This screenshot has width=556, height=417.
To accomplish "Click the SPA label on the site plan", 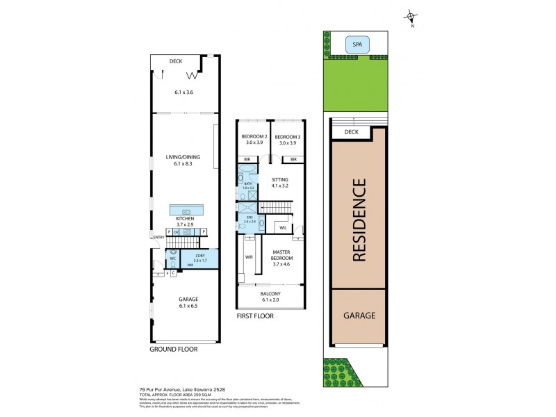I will (x=357, y=45).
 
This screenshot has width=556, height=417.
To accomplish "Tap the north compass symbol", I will (x=411, y=17).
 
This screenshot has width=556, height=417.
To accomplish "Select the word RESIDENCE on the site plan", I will (x=359, y=220).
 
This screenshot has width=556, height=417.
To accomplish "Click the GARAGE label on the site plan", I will (x=359, y=315).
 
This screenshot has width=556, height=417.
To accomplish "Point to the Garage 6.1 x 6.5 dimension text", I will (x=184, y=306).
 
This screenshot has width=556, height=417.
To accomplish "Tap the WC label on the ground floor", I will (x=172, y=259).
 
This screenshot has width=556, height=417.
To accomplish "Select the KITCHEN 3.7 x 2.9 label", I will (x=185, y=222).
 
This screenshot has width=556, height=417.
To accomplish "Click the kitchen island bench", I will (x=186, y=211).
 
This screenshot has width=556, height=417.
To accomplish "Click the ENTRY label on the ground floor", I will (x=158, y=238).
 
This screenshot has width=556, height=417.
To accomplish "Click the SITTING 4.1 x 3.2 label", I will (x=280, y=182).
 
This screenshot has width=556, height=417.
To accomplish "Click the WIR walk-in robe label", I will (x=248, y=256).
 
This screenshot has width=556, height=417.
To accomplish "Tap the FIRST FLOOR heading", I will (x=255, y=316).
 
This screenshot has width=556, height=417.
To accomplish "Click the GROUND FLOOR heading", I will (x=174, y=349).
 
